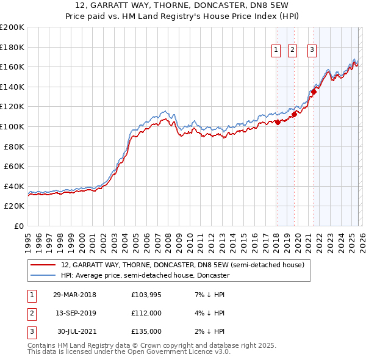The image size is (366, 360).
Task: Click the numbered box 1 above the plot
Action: (276, 51)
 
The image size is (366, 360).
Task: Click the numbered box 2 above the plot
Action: (292, 51)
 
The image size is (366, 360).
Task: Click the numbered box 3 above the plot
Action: (312, 51)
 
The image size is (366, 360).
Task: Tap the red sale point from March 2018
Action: (278, 122)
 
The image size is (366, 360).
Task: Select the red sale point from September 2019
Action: (293, 113)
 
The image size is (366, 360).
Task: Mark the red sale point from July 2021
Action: (314, 92)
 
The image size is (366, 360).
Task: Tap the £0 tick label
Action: (18, 226)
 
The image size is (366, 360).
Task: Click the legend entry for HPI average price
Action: (145, 275)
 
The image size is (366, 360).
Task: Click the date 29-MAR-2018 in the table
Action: (74, 295)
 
